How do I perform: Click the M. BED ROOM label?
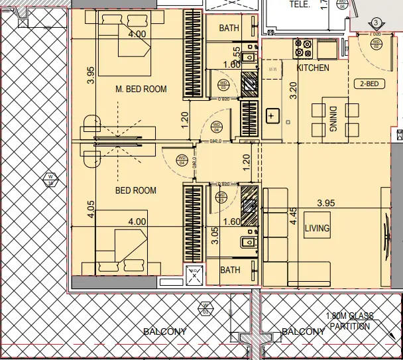coord(141,89)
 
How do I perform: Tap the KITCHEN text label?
coord(313,68)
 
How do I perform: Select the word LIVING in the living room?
coord(317,229)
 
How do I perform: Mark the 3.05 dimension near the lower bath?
coord(214,236)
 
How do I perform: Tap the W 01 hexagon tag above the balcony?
coord(204,308)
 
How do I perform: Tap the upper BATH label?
coord(230,28)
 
